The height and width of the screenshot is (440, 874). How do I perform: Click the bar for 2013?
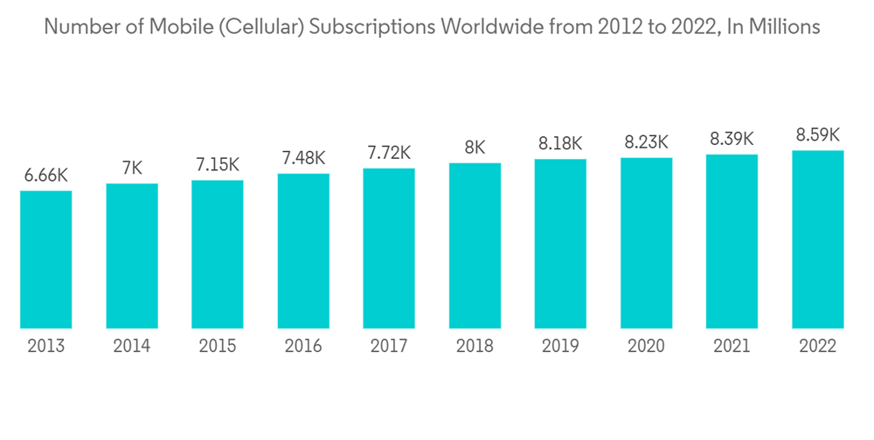pyautogui.click(x=46, y=259)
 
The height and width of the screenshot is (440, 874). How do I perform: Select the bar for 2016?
pyautogui.click(x=303, y=251)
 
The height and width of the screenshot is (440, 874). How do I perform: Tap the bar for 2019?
pyautogui.click(x=560, y=244)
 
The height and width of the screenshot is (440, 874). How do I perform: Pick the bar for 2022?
pyautogui.click(x=818, y=239)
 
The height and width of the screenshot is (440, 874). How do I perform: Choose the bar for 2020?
pyautogui.click(x=647, y=243)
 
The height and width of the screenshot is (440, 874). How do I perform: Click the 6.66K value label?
pyautogui.click(x=46, y=175)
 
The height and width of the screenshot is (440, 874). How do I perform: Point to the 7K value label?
pyautogui.click(x=132, y=168)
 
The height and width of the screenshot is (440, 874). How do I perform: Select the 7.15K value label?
pyautogui.click(x=218, y=165)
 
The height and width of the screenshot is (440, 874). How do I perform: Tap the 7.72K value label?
pyautogui.click(x=389, y=153)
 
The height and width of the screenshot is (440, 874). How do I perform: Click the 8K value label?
pyautogui.click(x=475, y=148)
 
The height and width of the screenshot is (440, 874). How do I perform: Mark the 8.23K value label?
pyautogui.click(x=647, y=141)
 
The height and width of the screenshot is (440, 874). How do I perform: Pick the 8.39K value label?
pyautogui.click(x=732, y=138)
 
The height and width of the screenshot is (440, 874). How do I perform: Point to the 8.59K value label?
pyautogui.click(x=818, y=134)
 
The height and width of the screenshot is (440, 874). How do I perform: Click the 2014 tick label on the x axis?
pyautogui.click(x=132, y=347)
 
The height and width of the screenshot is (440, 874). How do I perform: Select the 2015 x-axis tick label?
pyautogui.click(x=218, y=347)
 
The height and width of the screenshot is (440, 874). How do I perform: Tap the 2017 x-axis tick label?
pyautogui.click(x=389, y=347)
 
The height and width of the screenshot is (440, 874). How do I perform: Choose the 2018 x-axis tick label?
pyautogui.click(x=475, y=347)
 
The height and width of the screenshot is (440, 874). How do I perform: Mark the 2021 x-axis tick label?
pyautogui.click(x=732, y=347)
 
